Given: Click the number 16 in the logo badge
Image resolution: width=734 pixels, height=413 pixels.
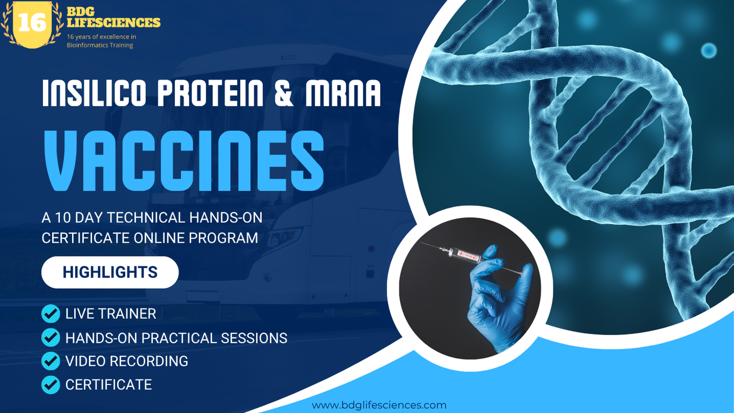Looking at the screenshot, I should [x=32, y=22].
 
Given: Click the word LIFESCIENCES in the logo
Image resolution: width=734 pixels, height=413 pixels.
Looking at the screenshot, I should [x=114, y=22].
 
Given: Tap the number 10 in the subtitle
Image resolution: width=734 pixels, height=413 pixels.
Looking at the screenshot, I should [x=62, y=218].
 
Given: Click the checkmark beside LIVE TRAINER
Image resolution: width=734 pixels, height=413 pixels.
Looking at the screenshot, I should [x=50, y=314].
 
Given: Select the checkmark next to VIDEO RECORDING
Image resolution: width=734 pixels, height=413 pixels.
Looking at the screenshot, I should [x=50, y=361].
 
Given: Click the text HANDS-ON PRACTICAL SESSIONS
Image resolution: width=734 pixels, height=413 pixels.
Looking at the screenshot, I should [x=176, y=338].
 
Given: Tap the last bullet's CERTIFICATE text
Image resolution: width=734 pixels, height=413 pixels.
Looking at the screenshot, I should [x=108, y=385].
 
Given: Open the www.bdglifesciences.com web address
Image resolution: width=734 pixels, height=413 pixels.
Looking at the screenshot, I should [x=379, y=405].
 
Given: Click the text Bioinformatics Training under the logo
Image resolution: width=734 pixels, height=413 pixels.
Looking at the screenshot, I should [x=100, y=45].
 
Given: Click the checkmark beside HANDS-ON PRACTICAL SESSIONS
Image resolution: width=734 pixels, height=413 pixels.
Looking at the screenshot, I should [x=50, y=337].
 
